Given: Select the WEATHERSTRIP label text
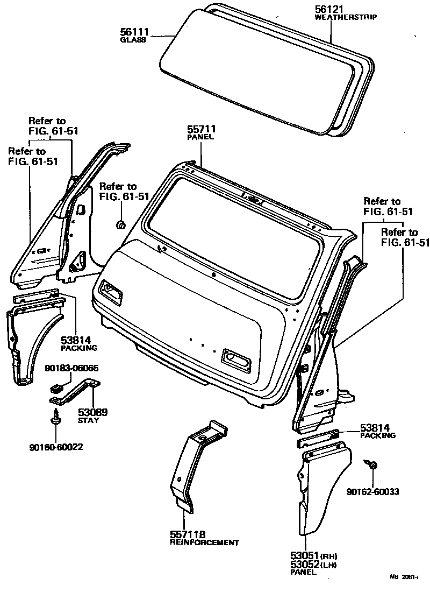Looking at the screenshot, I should click(345, 17).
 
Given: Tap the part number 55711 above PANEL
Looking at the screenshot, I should click(201, 129).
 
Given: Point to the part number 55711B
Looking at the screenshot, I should click(188, 534).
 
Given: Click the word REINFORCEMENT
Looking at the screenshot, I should click(204, 543).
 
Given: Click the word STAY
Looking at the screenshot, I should click(89, 420).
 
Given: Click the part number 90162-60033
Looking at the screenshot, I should click(372, 491).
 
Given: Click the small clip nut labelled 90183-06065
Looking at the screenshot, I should click(54, 386).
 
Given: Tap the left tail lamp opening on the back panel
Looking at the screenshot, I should click(111, 291).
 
